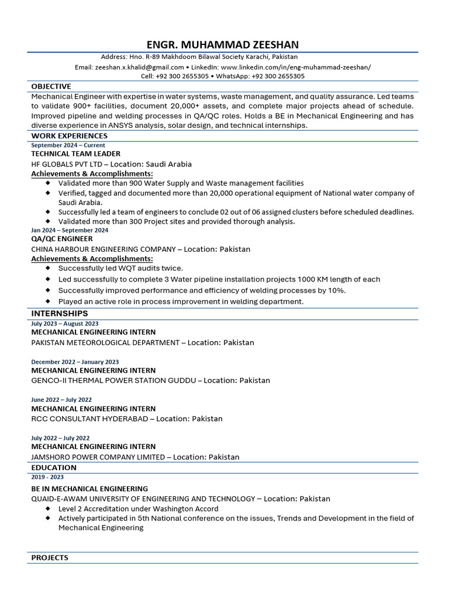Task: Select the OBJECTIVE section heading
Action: tap(51, 86)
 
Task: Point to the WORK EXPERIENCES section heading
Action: tap(69, 136)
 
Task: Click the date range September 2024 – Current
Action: tap(68, 145)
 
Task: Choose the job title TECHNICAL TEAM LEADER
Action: tap(76, 154)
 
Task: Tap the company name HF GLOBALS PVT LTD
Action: tap(67, 164)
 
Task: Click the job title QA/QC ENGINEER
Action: tap(62, 238)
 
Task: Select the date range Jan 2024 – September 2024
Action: tap(70, 230)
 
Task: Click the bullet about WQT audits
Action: tap(120, 268)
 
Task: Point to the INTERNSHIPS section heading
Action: tap(60, 314)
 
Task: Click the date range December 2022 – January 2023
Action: tap(75, 362)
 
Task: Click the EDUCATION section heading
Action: tap(54, 468)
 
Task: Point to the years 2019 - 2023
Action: tap(47, 477)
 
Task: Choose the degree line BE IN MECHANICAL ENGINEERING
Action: tap(89, 488)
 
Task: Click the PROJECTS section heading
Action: tap(50, 558)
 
